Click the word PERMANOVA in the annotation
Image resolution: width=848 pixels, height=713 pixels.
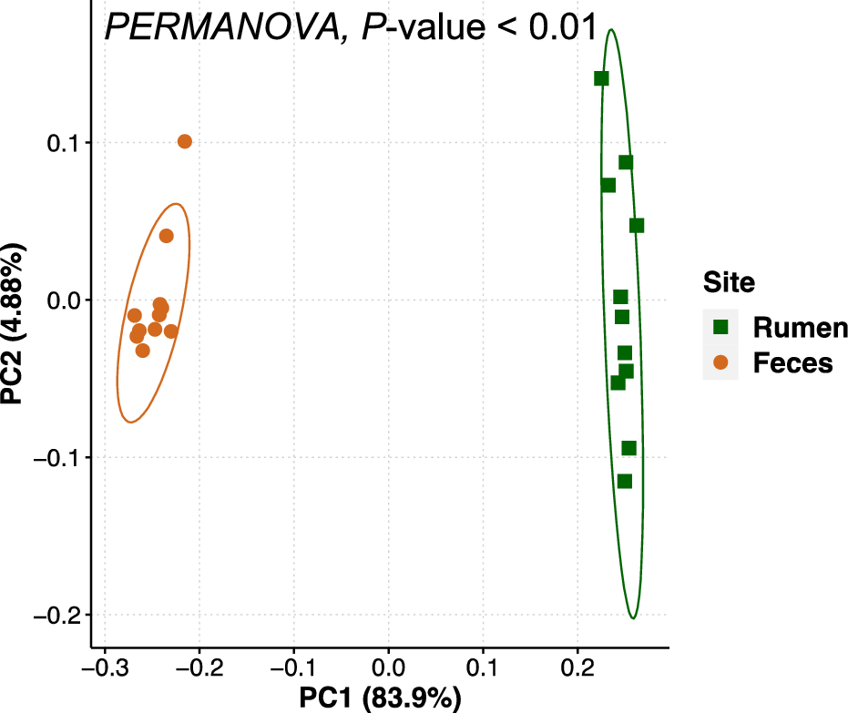pyautogui.click(x=220, y=27)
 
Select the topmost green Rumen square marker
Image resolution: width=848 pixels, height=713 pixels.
pyautogui.click(x=601, y=78)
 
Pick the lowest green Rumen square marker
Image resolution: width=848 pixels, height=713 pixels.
pyautogui.click(x=624, y=481)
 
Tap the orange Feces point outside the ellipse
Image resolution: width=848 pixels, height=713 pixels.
pyautogui.click(x=185, y=141)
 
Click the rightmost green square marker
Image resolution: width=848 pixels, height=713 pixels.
pyautogui.click(x=637, y=225)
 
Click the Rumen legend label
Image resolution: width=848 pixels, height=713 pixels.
pyautogui.click(x=801, y=327)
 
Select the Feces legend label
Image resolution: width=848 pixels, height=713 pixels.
pyautogui.click(x=792, y=362)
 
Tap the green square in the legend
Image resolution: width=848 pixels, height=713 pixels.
pyautogui.click(x=720, y=327)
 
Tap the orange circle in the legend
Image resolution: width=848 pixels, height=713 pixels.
pyautogui.click(x=720, y=362)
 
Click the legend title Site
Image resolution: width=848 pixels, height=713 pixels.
pyautogui.click(x=729, y=282)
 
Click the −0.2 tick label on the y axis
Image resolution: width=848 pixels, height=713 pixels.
pyautogui.click(x=56, y=616)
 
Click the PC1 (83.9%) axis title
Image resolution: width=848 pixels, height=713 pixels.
pyautogui.click(x=381, y=699)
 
